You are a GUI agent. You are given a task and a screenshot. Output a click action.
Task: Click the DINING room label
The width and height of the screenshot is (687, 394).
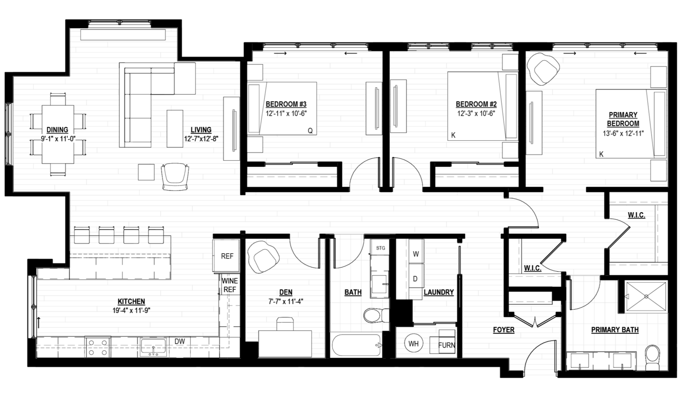[58, 130]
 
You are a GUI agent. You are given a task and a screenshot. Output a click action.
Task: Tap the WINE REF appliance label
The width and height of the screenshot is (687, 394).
[230, 285]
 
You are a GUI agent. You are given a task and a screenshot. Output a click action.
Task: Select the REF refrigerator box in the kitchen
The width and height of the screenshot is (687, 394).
[227, 256]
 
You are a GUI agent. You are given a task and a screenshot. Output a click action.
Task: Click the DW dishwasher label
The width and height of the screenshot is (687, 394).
[180, 341]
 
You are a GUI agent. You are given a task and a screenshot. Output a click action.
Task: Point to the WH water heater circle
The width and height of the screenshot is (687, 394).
[413, 344]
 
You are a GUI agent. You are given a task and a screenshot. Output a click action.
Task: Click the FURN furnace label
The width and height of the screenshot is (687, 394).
[446, 345]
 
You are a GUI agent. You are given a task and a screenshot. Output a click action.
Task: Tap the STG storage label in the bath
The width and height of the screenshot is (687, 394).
[381, 248]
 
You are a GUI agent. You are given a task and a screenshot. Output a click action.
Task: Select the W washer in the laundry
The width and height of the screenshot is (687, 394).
[416, 254]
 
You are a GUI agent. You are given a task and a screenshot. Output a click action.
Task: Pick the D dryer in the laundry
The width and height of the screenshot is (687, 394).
[415, 279]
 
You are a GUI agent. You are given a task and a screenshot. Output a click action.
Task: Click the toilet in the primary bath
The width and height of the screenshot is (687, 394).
[653, 358]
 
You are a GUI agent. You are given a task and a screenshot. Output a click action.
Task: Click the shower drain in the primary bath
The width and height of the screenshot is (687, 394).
[646, 296]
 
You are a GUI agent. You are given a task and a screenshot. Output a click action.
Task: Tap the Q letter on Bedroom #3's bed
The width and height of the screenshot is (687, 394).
[310, 131]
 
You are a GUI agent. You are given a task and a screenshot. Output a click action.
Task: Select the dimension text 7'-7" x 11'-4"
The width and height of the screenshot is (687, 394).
[286, 302]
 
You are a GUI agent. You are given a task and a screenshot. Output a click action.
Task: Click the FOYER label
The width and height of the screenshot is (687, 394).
[503, 330]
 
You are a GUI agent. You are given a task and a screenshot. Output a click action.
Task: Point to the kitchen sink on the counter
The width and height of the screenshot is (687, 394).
[153, 347]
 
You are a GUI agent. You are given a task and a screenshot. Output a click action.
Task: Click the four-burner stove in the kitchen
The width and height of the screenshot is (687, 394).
[98, 347]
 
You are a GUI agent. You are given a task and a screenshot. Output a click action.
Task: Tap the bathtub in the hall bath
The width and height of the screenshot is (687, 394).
[357, 345]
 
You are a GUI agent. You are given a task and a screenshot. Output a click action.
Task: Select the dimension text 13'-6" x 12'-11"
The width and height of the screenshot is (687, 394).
[623, 134]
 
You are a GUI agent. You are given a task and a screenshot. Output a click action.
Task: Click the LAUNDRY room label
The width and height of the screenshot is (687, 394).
[439, 292]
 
